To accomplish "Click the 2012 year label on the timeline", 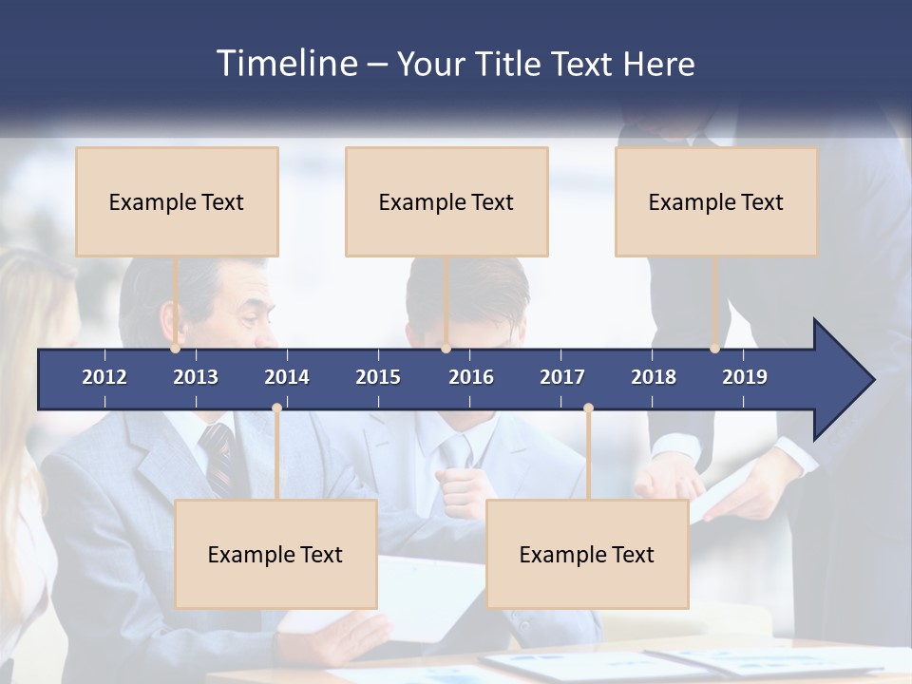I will click(x=104, y=377).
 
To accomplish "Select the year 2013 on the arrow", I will click(x=196, y=377).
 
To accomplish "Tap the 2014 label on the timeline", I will click(x=287, y=377).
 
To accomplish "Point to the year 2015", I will click(x=378, y=377).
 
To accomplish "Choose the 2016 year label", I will click(x=471, y=377).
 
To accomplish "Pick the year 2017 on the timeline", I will click(x=562, y=377).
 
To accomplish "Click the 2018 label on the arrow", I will click(x=654, y=377).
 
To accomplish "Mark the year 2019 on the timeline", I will click(x=745, y=377).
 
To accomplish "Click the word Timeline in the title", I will click(x=286, y=64).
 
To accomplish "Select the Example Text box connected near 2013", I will click(x=177, y=201).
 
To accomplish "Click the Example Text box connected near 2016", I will click(x=446, y=201).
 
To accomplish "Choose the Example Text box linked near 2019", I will click(x=716, y=201).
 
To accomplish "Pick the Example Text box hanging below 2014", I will click(x=275, y=554).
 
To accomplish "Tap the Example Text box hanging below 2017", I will click(x=587, y=554).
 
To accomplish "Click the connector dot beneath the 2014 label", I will click(x=276, y=408).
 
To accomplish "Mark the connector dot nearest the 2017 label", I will click(x=588, y=408).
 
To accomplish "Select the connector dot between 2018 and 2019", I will click(x=714, y=349).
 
